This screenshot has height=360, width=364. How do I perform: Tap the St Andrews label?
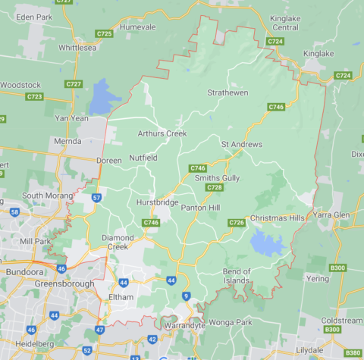point(241,144)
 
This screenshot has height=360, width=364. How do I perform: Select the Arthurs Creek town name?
point(162,133)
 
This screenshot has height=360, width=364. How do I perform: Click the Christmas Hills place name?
point(280,218)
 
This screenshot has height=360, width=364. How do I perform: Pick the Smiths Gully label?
point(217,177)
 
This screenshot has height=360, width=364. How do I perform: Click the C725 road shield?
point(104,34)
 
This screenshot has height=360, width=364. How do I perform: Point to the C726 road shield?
point(237,222)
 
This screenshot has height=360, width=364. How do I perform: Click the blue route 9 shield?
point(186,296)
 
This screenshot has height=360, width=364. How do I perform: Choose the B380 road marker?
point(353,352)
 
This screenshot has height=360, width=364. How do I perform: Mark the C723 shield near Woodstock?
point(34,97)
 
